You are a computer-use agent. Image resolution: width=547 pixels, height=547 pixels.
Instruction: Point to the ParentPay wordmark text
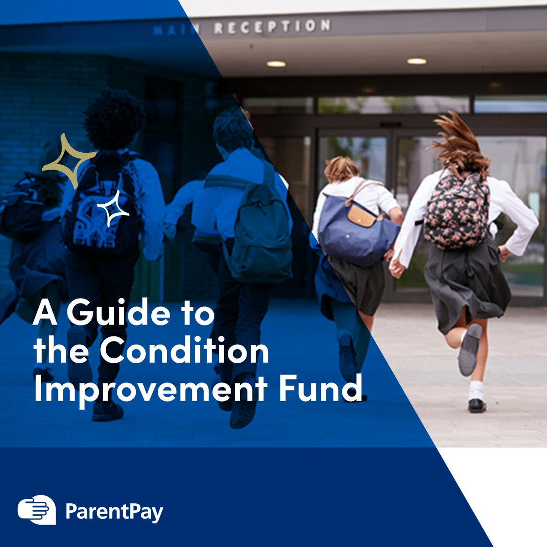[x=114, y=512]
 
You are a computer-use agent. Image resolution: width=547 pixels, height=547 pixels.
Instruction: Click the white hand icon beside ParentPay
[x=36, y=510]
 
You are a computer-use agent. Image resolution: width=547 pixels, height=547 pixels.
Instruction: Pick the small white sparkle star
[x=113, y=209]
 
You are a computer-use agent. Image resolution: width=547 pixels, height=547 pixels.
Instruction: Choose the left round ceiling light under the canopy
[x=276, y=64]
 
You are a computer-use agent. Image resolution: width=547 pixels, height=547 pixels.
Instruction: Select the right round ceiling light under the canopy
[x=417, y=61]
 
